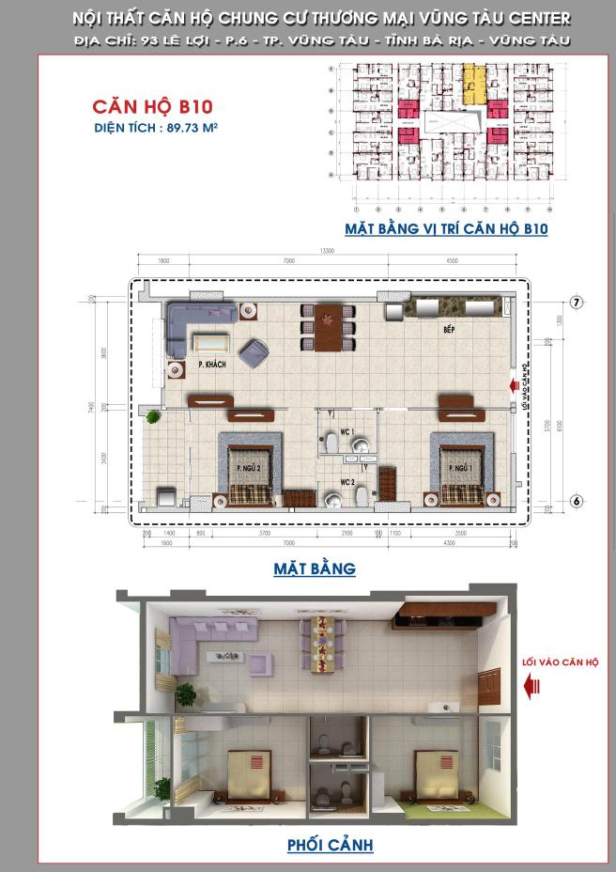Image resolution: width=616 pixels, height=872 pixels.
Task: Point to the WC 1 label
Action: (x=346, y=431)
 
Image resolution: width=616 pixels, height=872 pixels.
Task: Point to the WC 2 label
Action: (x=346, y=481)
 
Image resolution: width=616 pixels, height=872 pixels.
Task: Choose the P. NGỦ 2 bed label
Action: (x=248, y=467)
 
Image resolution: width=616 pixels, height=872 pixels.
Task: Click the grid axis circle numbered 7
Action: (x=577, y=303)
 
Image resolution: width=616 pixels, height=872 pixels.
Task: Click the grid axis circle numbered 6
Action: (x=577, y=502)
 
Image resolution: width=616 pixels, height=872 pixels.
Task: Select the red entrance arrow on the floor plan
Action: (x=512, y=385)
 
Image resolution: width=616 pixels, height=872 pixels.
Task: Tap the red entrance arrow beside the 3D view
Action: (x=534, y=688)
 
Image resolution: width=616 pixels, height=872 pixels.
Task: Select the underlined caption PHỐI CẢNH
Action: (x=330, y=845)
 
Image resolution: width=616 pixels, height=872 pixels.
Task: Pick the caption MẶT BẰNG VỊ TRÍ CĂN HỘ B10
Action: (x=446, y=228)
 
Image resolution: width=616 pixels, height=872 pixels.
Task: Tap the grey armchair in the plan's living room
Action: (x=254, y=353)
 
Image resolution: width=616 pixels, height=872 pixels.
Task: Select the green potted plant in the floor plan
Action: (x=152, y=415)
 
